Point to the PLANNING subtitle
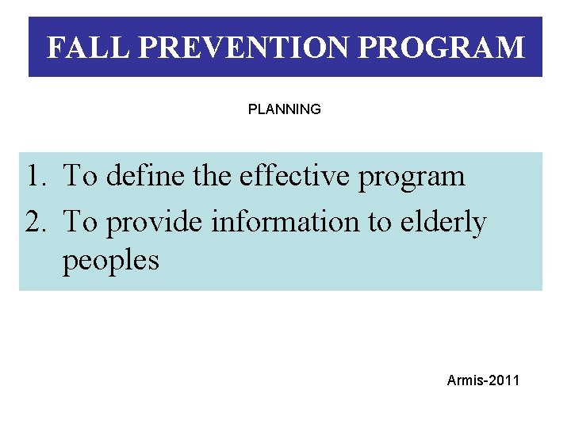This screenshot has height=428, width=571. tap(285, 109)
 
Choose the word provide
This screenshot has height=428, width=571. tap(155, 224)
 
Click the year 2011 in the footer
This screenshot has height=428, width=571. tap(504, 380)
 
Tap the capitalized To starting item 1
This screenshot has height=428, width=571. tap(79, 176)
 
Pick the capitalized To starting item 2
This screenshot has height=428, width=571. tap(79, 223)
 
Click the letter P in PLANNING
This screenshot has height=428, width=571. tap(252, 109)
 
